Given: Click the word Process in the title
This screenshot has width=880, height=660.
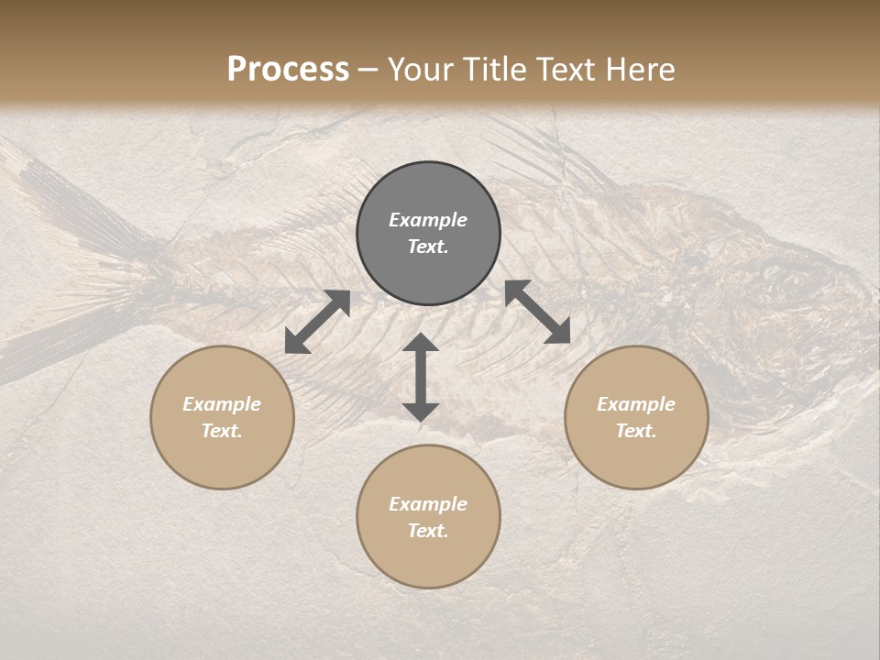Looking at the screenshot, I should tap(288, 70).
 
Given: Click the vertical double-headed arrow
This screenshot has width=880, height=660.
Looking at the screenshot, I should tap(421, 377).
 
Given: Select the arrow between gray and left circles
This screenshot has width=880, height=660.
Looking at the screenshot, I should tap(317, 322).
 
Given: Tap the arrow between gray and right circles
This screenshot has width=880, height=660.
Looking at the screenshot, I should tap(538, 312).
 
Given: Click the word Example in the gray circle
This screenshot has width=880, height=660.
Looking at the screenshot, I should tap(428, 220).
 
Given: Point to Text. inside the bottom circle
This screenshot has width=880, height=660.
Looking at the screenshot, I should tap(428, 531).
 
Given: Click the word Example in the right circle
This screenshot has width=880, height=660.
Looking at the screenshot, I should tap(636, 404).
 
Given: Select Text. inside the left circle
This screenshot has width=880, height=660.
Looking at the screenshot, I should tap(222, 431).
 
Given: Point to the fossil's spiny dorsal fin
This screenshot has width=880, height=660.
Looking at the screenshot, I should tap(541, 156).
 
